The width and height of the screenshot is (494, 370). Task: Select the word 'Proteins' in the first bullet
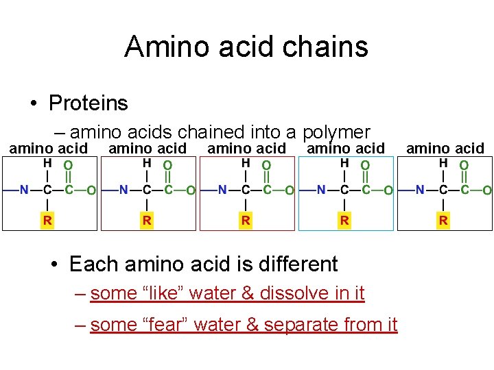pyautogui.click(x=89, y=103)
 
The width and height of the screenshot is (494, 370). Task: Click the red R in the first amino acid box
pyautogui.click(x=47, y=220)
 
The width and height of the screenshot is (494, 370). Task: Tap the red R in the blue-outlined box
pyautogui.click(x=344, y=220)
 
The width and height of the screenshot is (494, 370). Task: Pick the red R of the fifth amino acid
pyautogui.click(x=443, y=220)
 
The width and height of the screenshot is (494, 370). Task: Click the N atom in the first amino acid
pyautogui.click(x=24, y=190)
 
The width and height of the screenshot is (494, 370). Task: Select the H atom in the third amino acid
pyautogui.click(x=246, y=164)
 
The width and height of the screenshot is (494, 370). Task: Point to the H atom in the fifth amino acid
pyautogui.click(x=443, y=164)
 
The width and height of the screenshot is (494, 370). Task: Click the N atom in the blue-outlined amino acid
pyautogui.click(x=321, y=190)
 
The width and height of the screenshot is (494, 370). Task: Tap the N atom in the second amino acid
pyautogui.click(x=123, y=190)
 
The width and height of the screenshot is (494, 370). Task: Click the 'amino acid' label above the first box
pyautogui.click(x=48, y=148)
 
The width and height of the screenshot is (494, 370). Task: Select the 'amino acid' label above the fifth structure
pyautogui.click(x=445, y=148)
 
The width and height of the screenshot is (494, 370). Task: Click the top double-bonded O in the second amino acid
pyautogui.click(x=167, y=165)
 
